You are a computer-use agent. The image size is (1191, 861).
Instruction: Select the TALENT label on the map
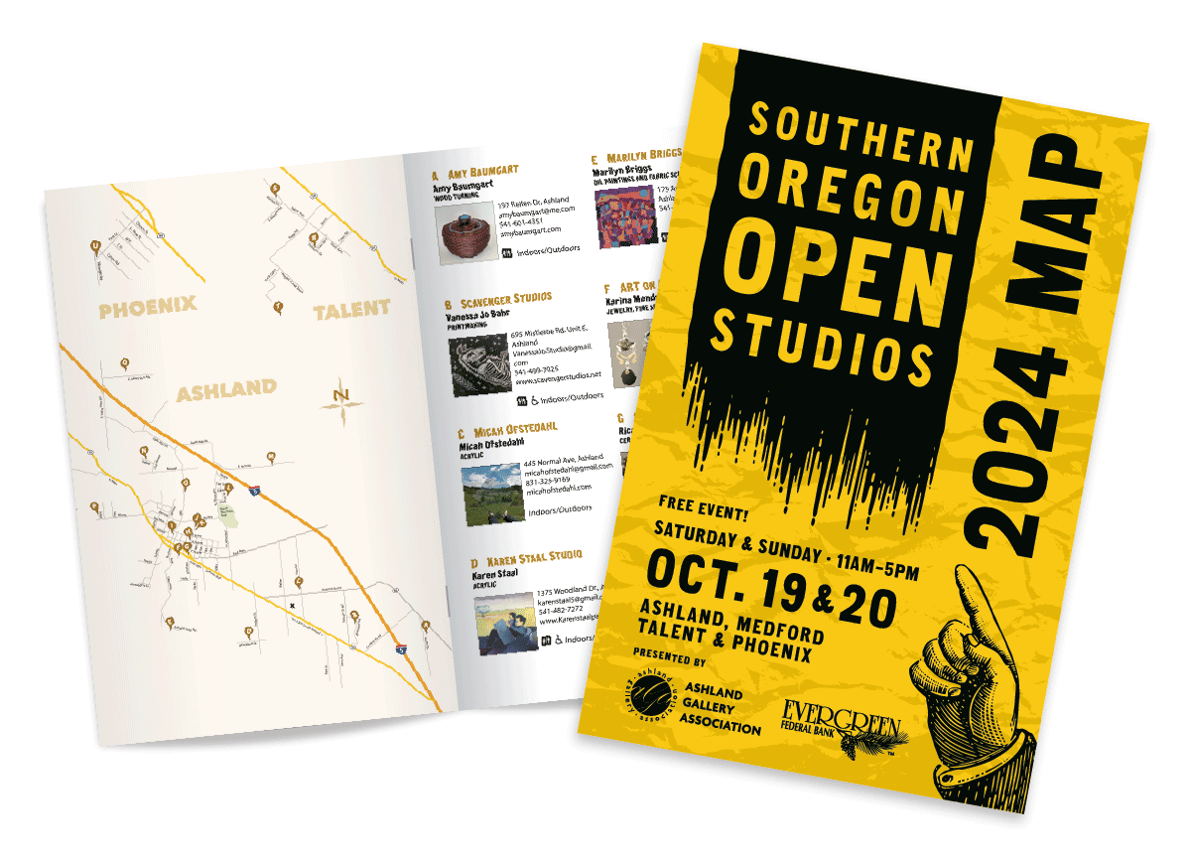tap(351, 310)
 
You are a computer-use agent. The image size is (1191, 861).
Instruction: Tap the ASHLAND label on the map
tap(226, 390)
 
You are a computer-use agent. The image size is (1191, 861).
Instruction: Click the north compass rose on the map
tap(341, 399)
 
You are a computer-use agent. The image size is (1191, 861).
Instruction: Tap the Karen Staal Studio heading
tap(525, 557)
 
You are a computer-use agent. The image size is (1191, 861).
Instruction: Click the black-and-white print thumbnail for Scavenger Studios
tap(474, 363)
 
